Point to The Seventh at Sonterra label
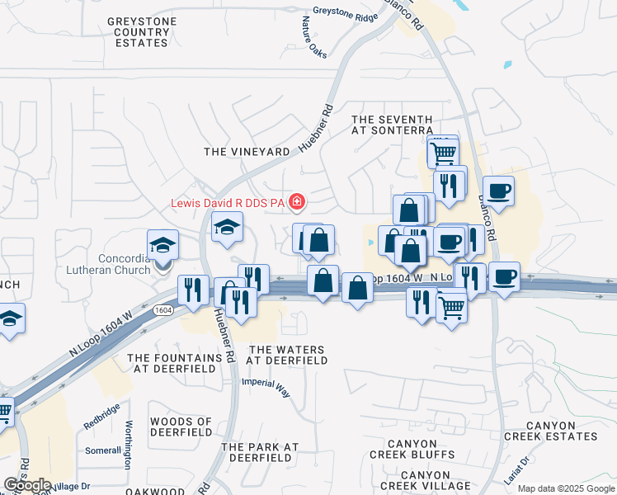[392, 125]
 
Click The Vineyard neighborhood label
[247, 152]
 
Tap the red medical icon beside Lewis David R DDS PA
[295, 201]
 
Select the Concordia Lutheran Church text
[125, 264]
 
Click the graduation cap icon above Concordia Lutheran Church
[162, 244]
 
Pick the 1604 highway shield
[162, 310]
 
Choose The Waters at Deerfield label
[288, 356]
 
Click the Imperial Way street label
[266, 388]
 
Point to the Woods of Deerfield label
[181, 427]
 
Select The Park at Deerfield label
[260, 452]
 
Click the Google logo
[27, 485]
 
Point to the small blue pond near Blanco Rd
[506, 64]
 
